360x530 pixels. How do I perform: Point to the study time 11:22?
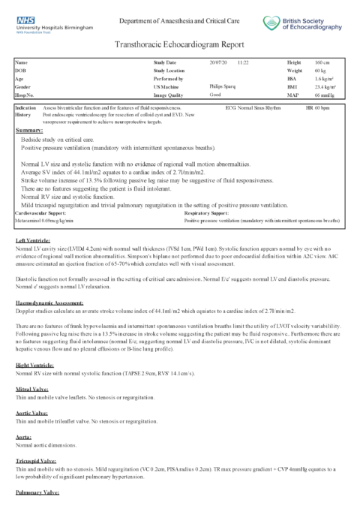coord(244,62)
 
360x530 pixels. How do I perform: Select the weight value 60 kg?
coord(320,70)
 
